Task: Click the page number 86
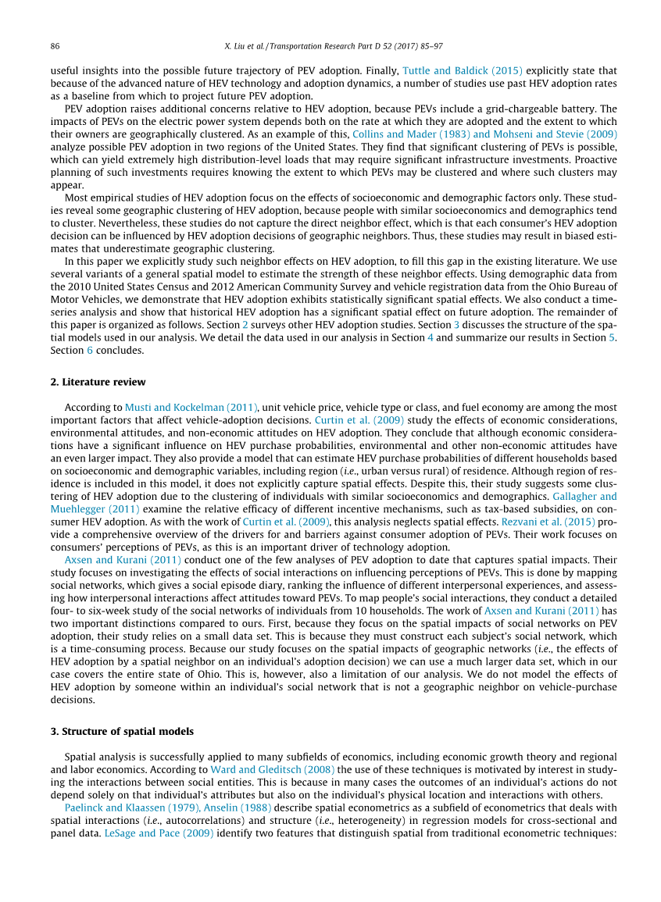click(x=55, y=46)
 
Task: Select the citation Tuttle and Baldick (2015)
click(x=463, y=70)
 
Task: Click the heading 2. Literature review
click(x=98, y=382)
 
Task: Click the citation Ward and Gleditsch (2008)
click(x=273, y=770)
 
